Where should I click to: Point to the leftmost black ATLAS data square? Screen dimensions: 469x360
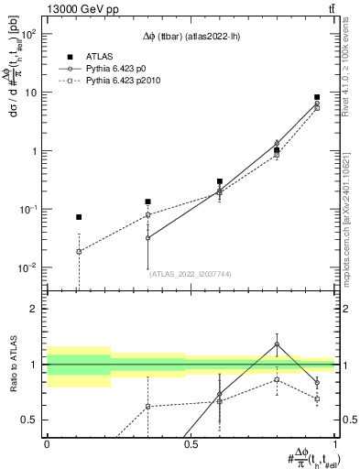click(x=79, y=217)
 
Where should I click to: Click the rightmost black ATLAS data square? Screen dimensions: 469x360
click(x=317, y=97)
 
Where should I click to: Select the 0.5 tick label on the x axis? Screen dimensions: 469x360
click(x=191, y=443)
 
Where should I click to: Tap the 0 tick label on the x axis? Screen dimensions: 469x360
click(x=47, y=443)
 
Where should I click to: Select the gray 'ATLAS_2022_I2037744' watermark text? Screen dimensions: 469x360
click(x=190, y=273)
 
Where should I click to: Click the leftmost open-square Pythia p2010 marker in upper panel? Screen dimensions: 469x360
click(x=79, y=251)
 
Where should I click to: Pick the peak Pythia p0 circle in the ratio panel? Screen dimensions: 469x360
click(x=277, y=344)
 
